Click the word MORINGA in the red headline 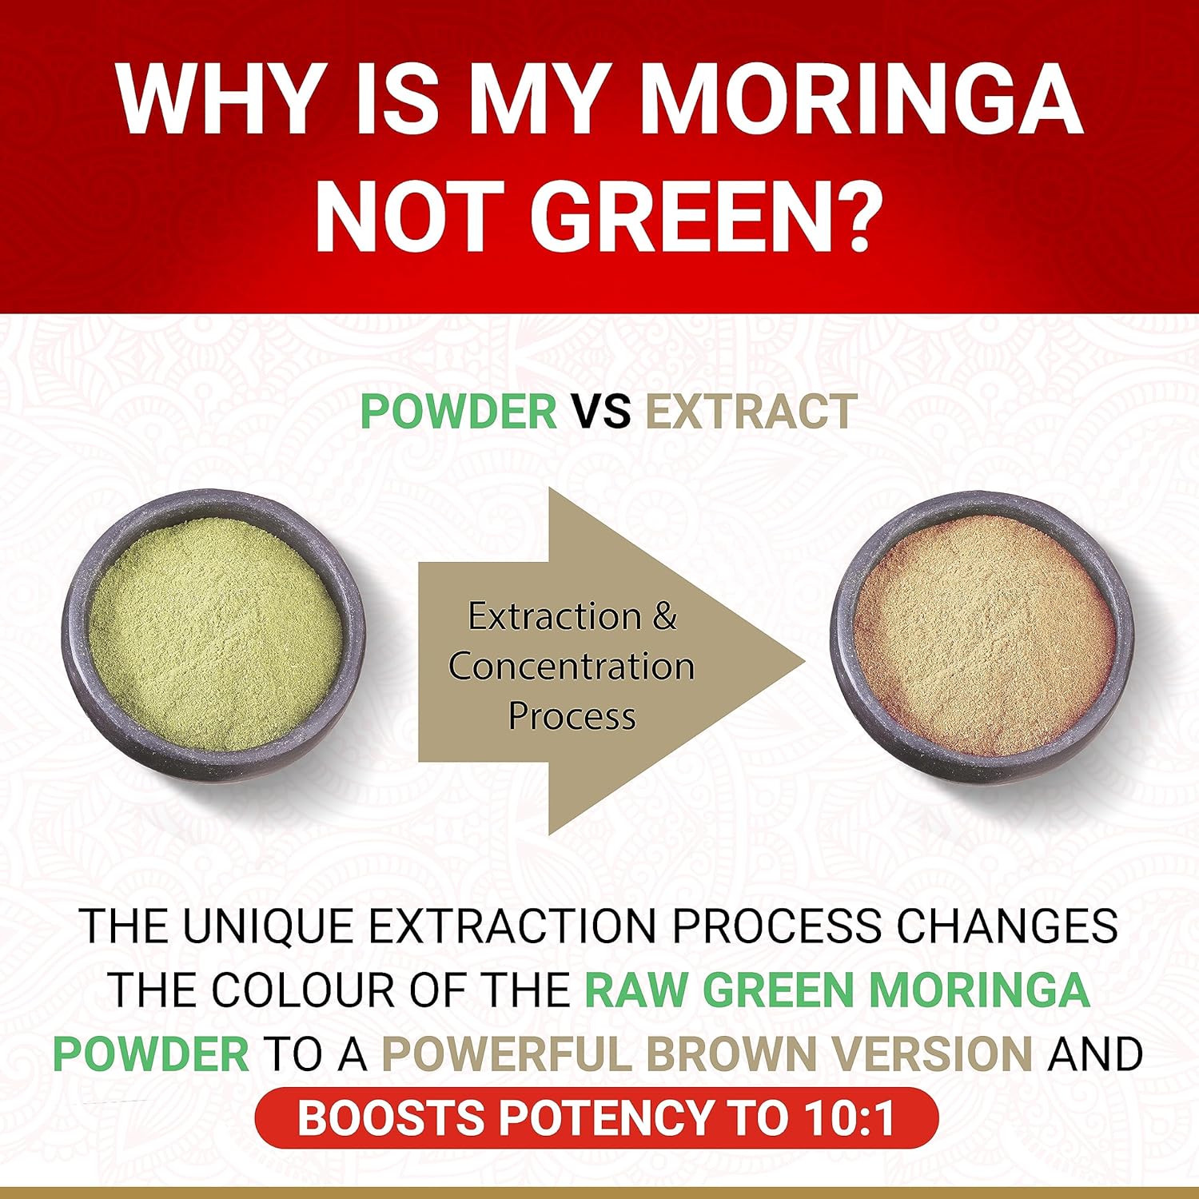[861, 102]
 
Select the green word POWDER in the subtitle [459, 412]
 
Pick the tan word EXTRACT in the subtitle [751, 412]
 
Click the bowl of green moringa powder [214, 635]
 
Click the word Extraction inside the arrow [555, 616]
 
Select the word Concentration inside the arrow [572, 667]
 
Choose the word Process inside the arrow [572, 715]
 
